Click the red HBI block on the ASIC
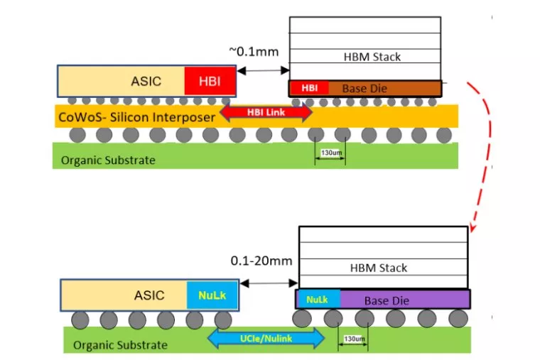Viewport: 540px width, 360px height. tap(210, 81)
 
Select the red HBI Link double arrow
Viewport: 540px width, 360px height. tap(266, 112)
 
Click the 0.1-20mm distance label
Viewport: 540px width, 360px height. tap(261, 261)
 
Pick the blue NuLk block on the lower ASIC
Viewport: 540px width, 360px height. tap(212, 295)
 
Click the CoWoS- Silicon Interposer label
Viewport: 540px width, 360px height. tap(134, 116)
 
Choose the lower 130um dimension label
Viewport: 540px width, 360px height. tap(353, 339)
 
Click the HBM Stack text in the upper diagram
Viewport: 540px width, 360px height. tap(373, 56)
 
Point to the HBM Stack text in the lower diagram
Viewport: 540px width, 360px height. tap(379, 268)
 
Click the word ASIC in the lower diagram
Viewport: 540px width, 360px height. tap(149, 295)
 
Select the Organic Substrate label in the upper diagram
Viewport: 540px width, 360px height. tap(108, 160)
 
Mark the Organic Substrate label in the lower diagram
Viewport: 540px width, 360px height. tap(121, 345)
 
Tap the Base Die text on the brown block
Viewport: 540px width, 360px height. tap(365, 89)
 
